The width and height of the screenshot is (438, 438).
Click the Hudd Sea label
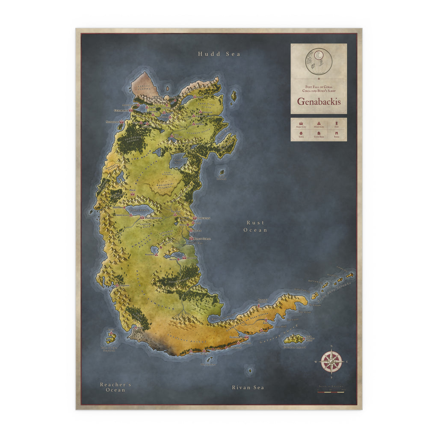pos(219,54)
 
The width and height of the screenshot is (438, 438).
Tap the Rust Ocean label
pos(255,226)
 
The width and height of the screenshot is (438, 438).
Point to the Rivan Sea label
pos(248,388)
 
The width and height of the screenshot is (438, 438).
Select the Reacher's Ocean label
pos(115,387)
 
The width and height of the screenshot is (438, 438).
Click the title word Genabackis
pos(319,102)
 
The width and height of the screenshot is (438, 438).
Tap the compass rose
pos(331,361)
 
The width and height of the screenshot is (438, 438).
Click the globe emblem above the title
pos(319,61)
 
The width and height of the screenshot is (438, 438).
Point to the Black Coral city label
pos(201,238)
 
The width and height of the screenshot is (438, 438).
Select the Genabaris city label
pos(121,110)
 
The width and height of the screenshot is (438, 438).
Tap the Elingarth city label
pos(237,337)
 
